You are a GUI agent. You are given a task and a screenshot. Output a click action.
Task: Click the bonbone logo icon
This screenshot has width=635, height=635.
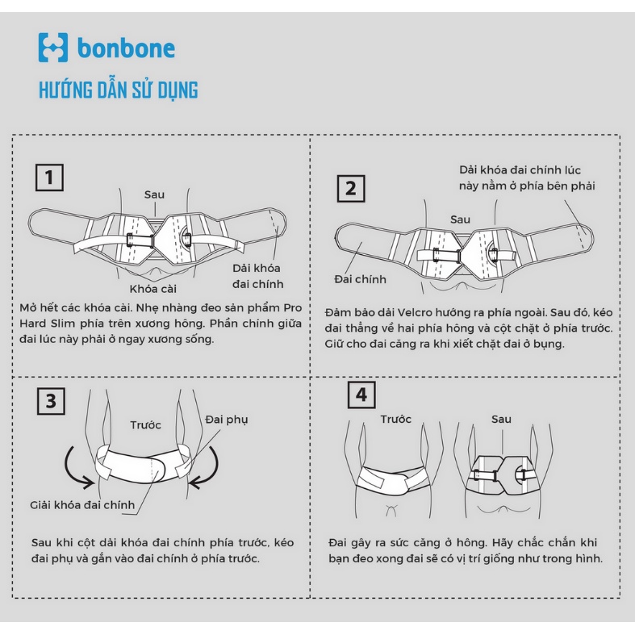click(x=53, y=48)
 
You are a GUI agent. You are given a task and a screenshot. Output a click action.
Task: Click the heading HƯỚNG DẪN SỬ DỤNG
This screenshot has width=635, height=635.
click(x=119, y=90)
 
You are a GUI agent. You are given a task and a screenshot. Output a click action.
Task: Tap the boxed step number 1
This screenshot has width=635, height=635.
click(x=49, y=178)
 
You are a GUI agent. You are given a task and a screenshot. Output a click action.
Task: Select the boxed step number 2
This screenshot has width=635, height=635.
click(x=351, y=189)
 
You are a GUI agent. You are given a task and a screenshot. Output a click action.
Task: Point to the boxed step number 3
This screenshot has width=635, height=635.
click(x=51, y=401)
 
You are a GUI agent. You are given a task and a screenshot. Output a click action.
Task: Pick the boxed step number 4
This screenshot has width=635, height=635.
click(x=361, y=395)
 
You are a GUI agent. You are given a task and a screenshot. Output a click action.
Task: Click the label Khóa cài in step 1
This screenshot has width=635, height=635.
click(x=153, y=289)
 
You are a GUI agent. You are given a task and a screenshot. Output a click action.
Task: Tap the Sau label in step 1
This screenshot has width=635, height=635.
click(x=154, y=194)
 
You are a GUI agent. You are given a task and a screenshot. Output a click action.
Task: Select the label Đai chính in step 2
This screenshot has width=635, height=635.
click(x=361, y=279)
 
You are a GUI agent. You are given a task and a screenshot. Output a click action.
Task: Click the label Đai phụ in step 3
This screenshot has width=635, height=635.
click(x=227, y=420)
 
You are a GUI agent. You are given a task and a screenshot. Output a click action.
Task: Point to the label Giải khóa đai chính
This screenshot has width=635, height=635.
click(x=82, y=505)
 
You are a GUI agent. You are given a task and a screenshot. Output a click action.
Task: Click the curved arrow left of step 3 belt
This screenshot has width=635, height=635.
click(x=75, y=470)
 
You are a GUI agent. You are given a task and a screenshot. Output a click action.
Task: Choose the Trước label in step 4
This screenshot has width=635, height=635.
click(x=395, y=419)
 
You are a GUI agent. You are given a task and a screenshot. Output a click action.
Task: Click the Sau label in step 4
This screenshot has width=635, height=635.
click(x=501, y=419)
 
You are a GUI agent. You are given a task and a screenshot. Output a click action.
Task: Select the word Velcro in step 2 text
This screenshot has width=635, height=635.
click(x=418, y=312)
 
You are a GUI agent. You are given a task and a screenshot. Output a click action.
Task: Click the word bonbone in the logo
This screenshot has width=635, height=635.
click(x=126, y=48)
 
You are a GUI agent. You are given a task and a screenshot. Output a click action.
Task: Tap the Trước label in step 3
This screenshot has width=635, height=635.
click(x=146, y=425)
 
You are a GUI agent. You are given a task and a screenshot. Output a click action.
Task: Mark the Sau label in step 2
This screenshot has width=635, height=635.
click(x=461, y=219)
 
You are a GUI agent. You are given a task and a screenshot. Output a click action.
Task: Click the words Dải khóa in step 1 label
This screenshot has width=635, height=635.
click(x=257, y=268)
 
